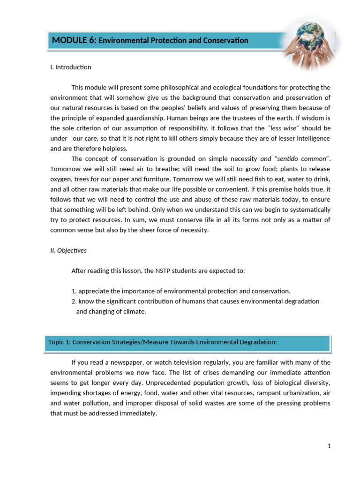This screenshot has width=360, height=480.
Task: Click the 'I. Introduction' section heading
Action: (x=70, y=67)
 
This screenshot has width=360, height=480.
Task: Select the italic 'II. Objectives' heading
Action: (x=68, y=250)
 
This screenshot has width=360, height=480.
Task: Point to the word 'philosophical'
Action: (x=162, y=88)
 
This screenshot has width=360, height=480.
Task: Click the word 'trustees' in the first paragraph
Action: (x=260, y=118)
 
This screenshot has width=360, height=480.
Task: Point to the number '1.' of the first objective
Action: (x=74, y=291)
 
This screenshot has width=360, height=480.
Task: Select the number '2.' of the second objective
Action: (x=74, y=301)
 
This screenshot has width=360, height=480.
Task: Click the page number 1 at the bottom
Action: (x=329, y=446)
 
